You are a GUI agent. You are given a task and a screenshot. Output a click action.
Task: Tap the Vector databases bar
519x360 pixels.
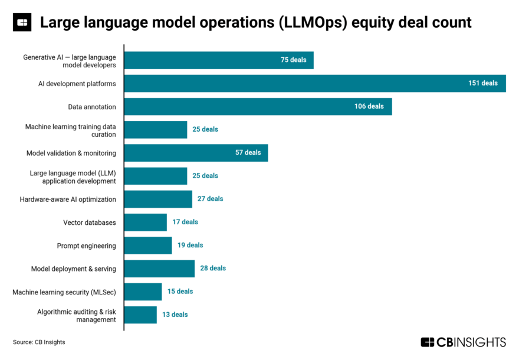point(145,222)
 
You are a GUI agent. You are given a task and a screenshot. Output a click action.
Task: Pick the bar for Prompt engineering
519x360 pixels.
point(147,246)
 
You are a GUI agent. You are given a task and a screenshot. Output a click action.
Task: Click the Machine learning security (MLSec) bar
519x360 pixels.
point(143,292)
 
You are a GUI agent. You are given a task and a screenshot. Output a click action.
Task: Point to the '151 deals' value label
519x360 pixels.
point(483,83)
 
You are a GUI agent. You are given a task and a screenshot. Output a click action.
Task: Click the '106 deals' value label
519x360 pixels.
point(369,106)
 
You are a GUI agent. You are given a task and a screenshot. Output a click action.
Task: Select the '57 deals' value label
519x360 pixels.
point(248,153)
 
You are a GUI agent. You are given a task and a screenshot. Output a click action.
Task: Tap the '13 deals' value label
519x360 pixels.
point(175,315)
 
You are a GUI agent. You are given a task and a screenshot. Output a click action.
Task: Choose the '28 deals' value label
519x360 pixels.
point(213,269)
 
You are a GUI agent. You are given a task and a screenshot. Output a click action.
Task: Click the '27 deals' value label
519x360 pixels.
point(211,199)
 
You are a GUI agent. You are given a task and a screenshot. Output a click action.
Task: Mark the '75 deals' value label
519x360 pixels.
point(293,60)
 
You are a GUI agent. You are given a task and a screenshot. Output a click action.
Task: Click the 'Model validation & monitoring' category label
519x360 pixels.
point(71,153)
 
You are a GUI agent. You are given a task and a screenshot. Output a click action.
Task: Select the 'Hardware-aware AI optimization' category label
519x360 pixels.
point(68,199)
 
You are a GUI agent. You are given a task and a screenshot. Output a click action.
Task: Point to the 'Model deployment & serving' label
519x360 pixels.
point(73,269)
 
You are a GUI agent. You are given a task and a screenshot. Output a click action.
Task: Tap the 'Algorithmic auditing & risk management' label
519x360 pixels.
point(77,315)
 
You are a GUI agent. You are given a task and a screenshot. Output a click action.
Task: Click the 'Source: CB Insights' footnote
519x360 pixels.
point(39,342)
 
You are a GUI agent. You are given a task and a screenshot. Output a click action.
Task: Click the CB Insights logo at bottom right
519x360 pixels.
point(463,342)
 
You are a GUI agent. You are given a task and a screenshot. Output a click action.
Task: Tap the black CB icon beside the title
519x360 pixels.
point(22,23)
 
